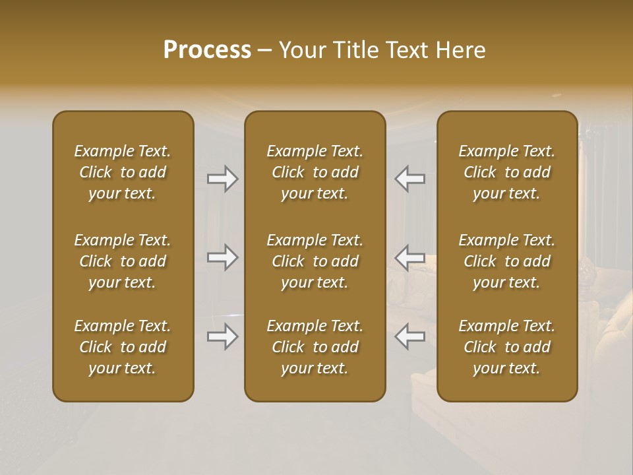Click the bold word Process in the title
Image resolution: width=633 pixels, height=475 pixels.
[207, 50]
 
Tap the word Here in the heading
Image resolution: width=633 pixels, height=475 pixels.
[460, 50]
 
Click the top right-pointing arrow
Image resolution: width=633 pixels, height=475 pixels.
[223, 179]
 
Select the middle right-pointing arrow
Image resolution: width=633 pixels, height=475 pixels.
[223, 257]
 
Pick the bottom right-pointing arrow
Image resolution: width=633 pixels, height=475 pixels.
[223, 336]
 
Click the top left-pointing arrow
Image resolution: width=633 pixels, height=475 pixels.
[410, 179]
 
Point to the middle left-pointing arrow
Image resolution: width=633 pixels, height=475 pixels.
[410, 257]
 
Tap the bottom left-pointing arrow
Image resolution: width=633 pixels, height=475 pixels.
[410, 336]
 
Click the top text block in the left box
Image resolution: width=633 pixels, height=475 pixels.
[123, 172]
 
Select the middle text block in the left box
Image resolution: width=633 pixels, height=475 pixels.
[123, 261]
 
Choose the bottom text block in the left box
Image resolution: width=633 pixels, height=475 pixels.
[123, 347]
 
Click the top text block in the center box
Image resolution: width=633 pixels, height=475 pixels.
[315, 172]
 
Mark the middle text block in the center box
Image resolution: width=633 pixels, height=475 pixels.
[315, 261]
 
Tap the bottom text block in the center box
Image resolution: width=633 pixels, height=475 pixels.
[315, 347]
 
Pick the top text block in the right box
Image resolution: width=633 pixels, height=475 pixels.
[507, 172]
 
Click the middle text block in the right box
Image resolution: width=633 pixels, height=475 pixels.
[507, 261]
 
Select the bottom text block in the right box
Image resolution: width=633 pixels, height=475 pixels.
[507, 347]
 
